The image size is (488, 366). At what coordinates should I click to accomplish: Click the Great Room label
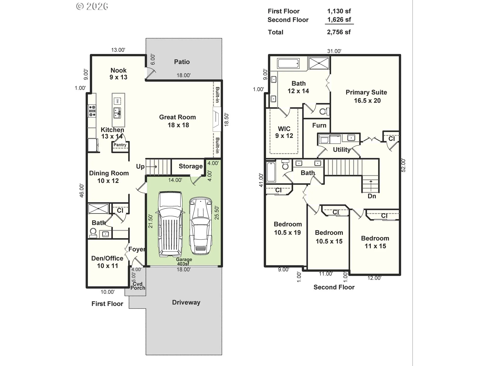pyautogui.click(x=178, y=121)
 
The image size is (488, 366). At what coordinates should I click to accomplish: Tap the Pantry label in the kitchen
pyautogui.click(x=120, y=145)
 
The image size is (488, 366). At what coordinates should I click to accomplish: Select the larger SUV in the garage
pyautogui.click(x=170, y=224)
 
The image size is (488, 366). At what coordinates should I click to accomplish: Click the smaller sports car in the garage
pyautogui.click(x=201, y=225)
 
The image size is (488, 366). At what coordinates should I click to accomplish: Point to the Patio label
pyautogui.click(x=182, y=62)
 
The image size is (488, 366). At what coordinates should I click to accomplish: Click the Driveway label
pyautogui.click(x=186, y=302)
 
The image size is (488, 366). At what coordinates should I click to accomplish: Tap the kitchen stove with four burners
pyautogui.click(x=92, y=111)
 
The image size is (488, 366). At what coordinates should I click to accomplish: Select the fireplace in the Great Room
pyautogui.click(x=217, y=119)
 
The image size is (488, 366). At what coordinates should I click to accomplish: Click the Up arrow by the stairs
pyautogui.click(x=151, y=166)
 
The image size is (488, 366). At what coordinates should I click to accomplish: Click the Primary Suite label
pyautogui.click(x=367, y=96)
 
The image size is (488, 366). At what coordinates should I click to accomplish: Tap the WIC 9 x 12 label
pyautogui.click(x=284, y=132)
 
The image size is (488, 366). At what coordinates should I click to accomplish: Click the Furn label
pyautogui.click(x=319, y=125)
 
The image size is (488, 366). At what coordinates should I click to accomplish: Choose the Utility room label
pyautogui.click(x=342, y=150)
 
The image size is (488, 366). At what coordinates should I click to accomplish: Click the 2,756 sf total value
pyautogui.click(x=339, y=32)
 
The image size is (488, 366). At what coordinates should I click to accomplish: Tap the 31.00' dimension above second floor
pyautogui.click(x=334, y=51)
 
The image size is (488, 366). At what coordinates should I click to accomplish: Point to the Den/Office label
pyautogui.click(x=107, y=262)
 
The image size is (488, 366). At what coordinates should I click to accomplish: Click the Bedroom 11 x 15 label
pyautogui.click(x=375, y=242)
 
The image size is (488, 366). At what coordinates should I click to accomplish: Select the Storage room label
pyautogui.click(x=191, y=166)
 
